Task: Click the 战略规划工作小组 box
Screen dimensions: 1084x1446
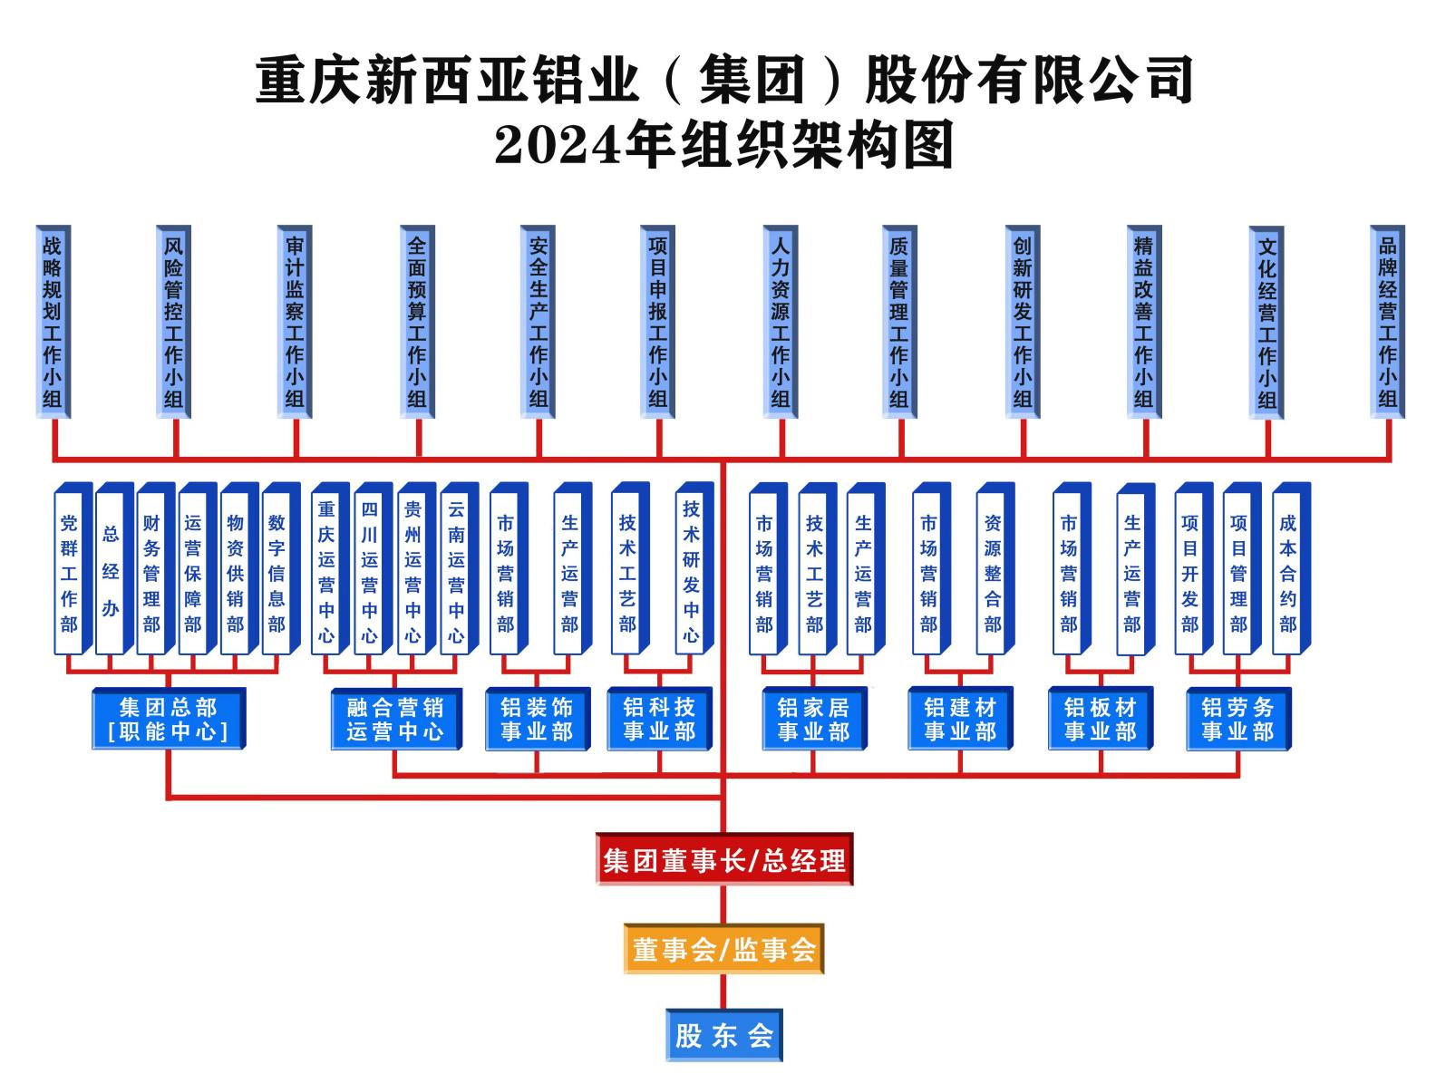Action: pos(53,321)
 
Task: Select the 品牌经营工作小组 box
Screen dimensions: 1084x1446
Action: pos(1387,321)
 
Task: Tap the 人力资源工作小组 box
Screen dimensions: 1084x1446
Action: pos(780,321)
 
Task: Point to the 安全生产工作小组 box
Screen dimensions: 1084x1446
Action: pos(538,321)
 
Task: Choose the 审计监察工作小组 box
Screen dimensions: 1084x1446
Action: pos(295,321)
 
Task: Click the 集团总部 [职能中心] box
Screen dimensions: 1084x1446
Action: pos(168,719)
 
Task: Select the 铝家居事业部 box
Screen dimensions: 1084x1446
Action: pos(812,719)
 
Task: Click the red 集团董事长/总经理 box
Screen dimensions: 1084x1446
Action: pos(723,859)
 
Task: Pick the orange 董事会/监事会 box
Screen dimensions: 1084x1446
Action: pos(723,949)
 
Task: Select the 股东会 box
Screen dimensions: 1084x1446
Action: pos(723,1035)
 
